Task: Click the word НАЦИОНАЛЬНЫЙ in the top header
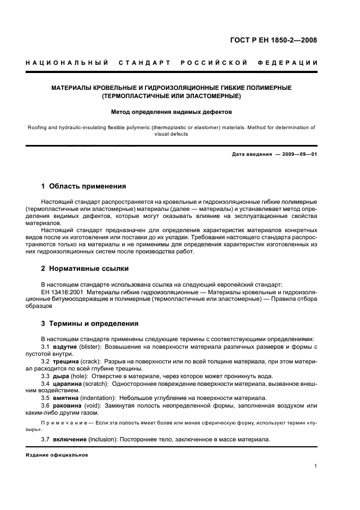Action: [67, 63]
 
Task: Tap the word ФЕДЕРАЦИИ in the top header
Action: [293, 63]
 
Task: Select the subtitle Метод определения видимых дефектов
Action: [172, 113]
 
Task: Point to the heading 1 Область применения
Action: [84, 186]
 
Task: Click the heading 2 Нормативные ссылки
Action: [85, 269]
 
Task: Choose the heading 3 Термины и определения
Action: [90, 323]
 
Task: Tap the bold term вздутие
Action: [64, 347]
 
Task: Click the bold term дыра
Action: [60, 376]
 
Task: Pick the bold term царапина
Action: [68, 384]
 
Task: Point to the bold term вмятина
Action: [66, 398]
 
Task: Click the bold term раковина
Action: [68, 406]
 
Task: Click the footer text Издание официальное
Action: [57, 454]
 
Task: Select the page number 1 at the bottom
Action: [316, 466]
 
